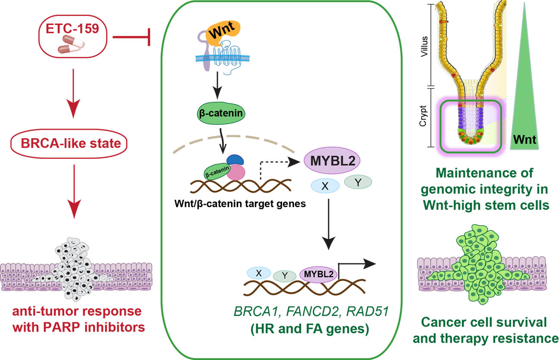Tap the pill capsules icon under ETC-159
[72, 45]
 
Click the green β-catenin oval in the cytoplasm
[220, 114]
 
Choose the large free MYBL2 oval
[332, 161]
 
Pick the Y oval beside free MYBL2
[358, 181]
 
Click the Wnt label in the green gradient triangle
[524, 140]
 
